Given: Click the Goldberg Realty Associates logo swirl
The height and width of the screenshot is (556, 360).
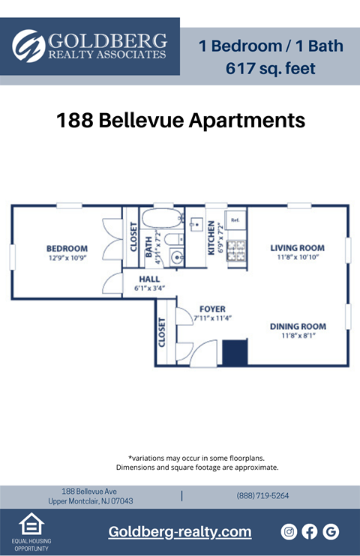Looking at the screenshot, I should tap(29, 46).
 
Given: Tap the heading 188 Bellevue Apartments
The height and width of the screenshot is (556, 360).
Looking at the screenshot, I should tap(181, 121).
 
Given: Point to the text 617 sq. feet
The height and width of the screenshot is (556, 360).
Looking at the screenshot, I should tap(270, 68).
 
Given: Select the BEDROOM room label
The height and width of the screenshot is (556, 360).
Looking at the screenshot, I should tap(67, 248).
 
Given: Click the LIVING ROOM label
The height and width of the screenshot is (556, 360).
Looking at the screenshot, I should tap(297, 248).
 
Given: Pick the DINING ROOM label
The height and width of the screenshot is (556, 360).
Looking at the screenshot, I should tap(298, 326).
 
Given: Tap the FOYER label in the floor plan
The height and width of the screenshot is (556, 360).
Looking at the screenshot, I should tap(212, 309).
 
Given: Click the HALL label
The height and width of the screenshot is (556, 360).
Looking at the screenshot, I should tap(149, 278).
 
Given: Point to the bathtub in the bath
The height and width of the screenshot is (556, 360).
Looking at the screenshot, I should tap(162, 220).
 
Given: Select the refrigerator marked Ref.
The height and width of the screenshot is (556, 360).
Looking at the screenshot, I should tap(235, 221).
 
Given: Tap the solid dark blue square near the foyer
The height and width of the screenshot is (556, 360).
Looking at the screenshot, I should tap(235, 352).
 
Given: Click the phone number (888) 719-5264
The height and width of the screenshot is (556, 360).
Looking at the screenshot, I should tap(262, 495).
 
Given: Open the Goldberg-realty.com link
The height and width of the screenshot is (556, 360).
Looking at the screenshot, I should tap(180, 532).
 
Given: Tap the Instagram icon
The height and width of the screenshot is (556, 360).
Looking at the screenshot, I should tap(289, 532).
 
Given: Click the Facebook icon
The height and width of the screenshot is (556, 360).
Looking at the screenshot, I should tap(310, 532).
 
